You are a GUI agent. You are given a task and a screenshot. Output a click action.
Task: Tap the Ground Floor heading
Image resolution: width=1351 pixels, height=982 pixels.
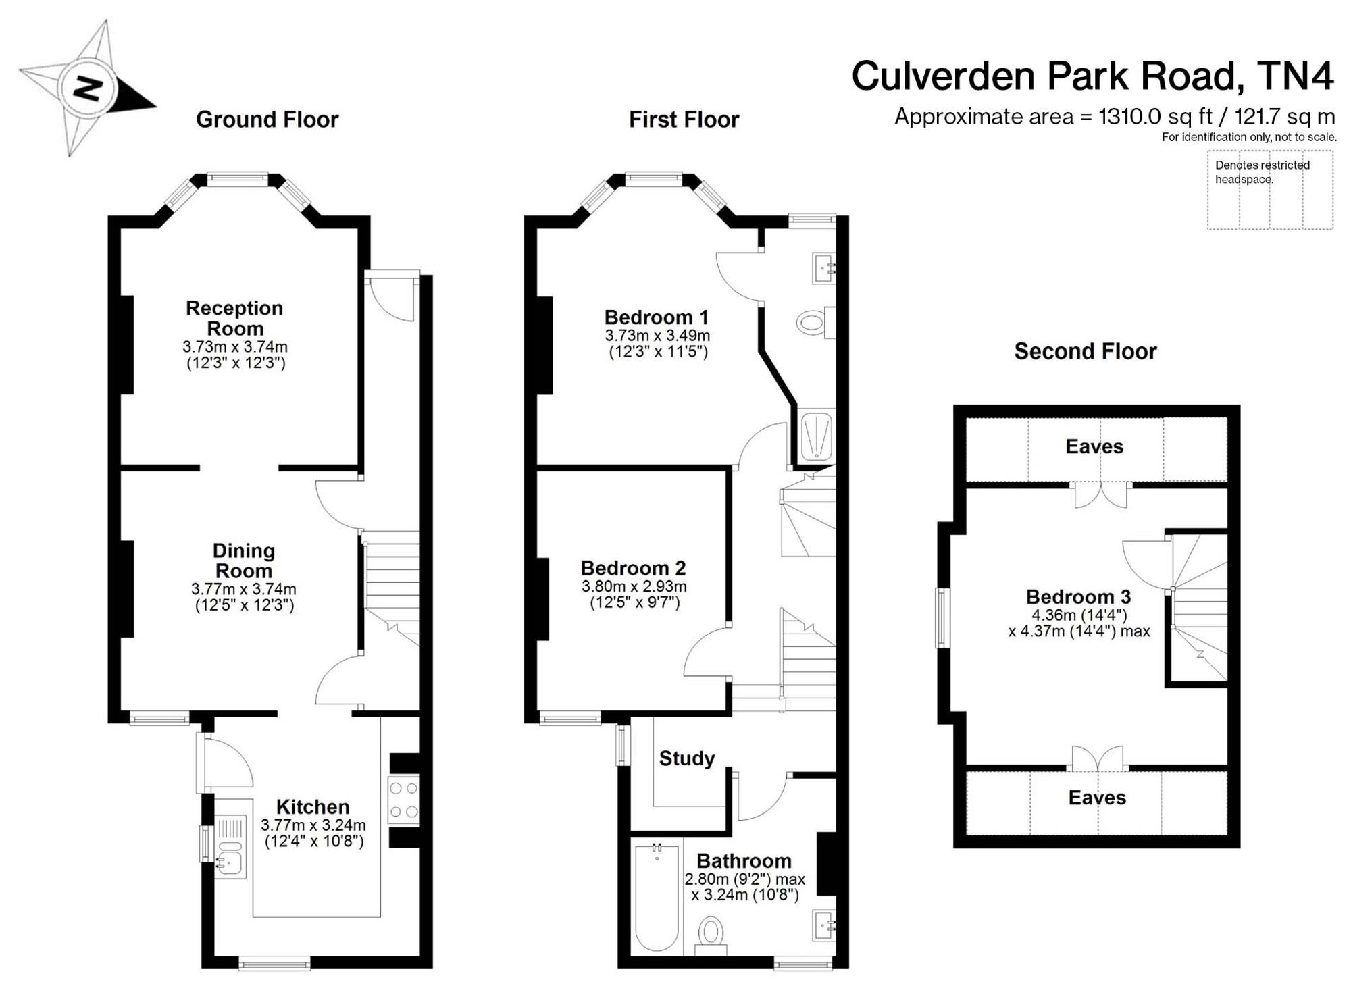coord(267,120)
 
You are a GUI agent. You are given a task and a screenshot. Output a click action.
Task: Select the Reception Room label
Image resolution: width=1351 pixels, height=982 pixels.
coord(234,318)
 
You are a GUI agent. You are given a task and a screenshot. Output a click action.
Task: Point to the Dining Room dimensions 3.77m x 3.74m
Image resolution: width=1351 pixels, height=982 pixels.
coord(244,590)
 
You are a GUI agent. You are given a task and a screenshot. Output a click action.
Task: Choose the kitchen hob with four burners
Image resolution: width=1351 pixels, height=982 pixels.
coord(404,800)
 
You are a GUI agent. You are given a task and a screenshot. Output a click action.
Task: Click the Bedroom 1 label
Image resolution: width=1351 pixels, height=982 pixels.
coord(657,317)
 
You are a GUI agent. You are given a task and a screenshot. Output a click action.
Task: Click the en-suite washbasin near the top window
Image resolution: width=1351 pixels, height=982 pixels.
coord(823,269)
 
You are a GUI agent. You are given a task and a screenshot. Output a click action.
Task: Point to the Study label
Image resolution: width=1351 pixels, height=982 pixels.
coord(687,758)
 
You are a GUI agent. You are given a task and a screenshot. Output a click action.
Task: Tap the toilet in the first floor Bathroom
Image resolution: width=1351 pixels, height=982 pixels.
coord(710,935)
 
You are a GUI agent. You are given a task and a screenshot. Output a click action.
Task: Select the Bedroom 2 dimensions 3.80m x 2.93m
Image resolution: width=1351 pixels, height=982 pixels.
coord(634,587)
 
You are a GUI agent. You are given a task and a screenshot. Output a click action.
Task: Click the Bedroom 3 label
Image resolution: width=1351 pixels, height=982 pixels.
coord(1078,596)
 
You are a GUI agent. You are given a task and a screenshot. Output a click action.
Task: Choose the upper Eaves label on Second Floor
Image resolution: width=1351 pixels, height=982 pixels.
coord(1094,446)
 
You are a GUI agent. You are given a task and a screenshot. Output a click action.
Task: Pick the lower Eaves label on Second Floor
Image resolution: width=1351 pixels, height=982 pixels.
coord(1097,798)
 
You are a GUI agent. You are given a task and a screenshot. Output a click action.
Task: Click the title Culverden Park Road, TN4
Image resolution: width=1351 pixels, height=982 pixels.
coord(1093,76)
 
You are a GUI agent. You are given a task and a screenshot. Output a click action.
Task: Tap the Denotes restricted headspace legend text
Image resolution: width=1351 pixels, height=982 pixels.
coord(1263,172)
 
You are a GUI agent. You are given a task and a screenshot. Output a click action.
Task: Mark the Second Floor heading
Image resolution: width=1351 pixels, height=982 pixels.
coord(1086,351)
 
